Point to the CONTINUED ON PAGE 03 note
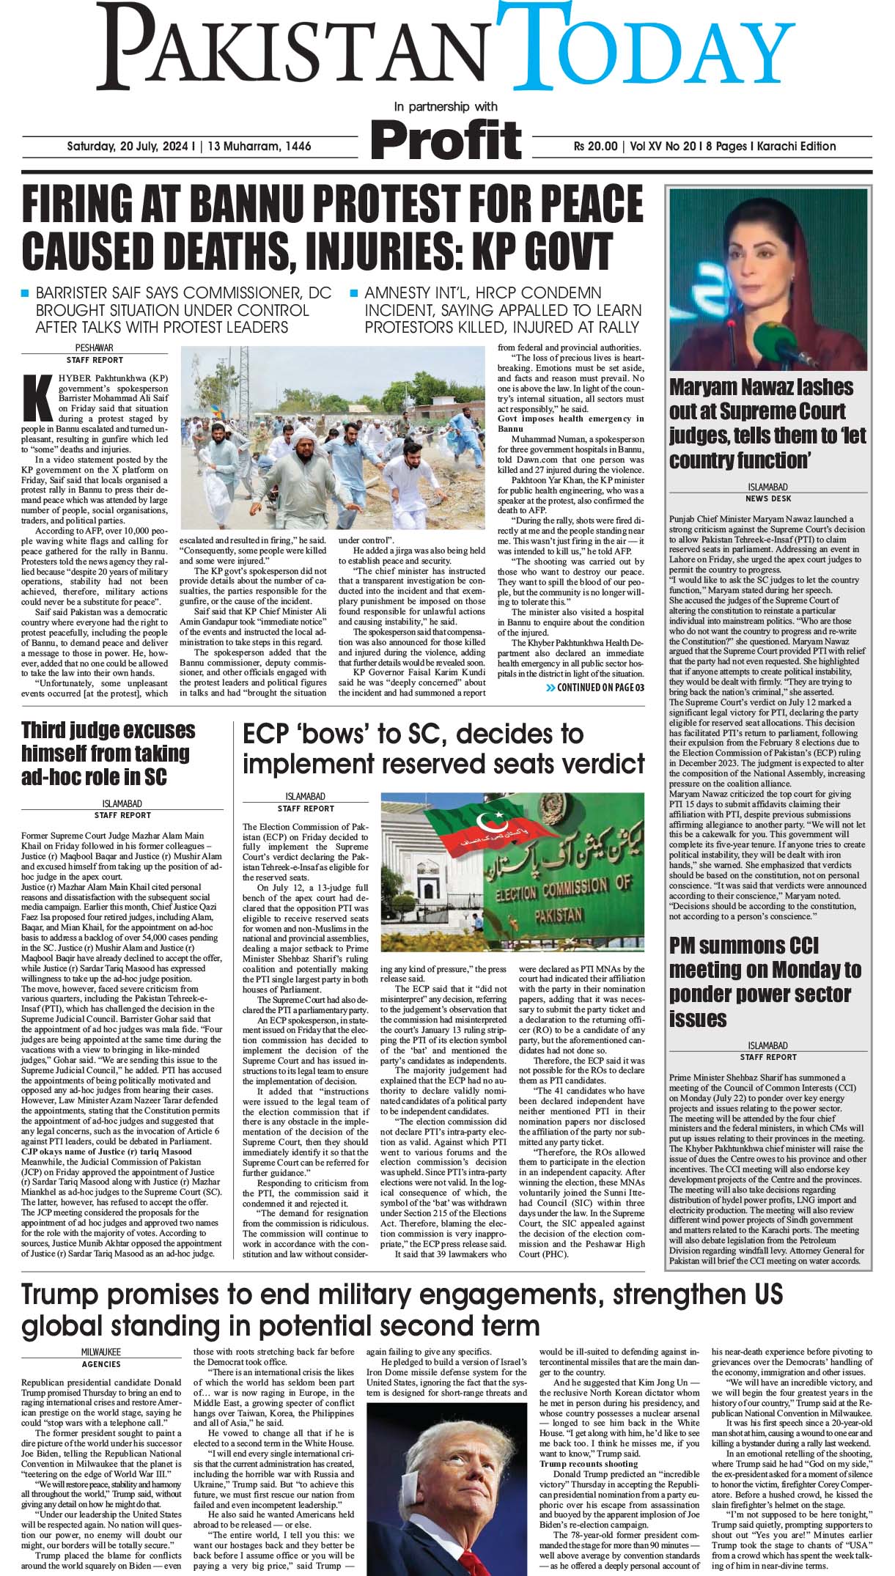coord(595,688)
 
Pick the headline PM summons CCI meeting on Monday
coord(765,982)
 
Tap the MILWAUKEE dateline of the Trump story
coord(101,1351)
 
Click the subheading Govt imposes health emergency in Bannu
coord(571,423)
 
